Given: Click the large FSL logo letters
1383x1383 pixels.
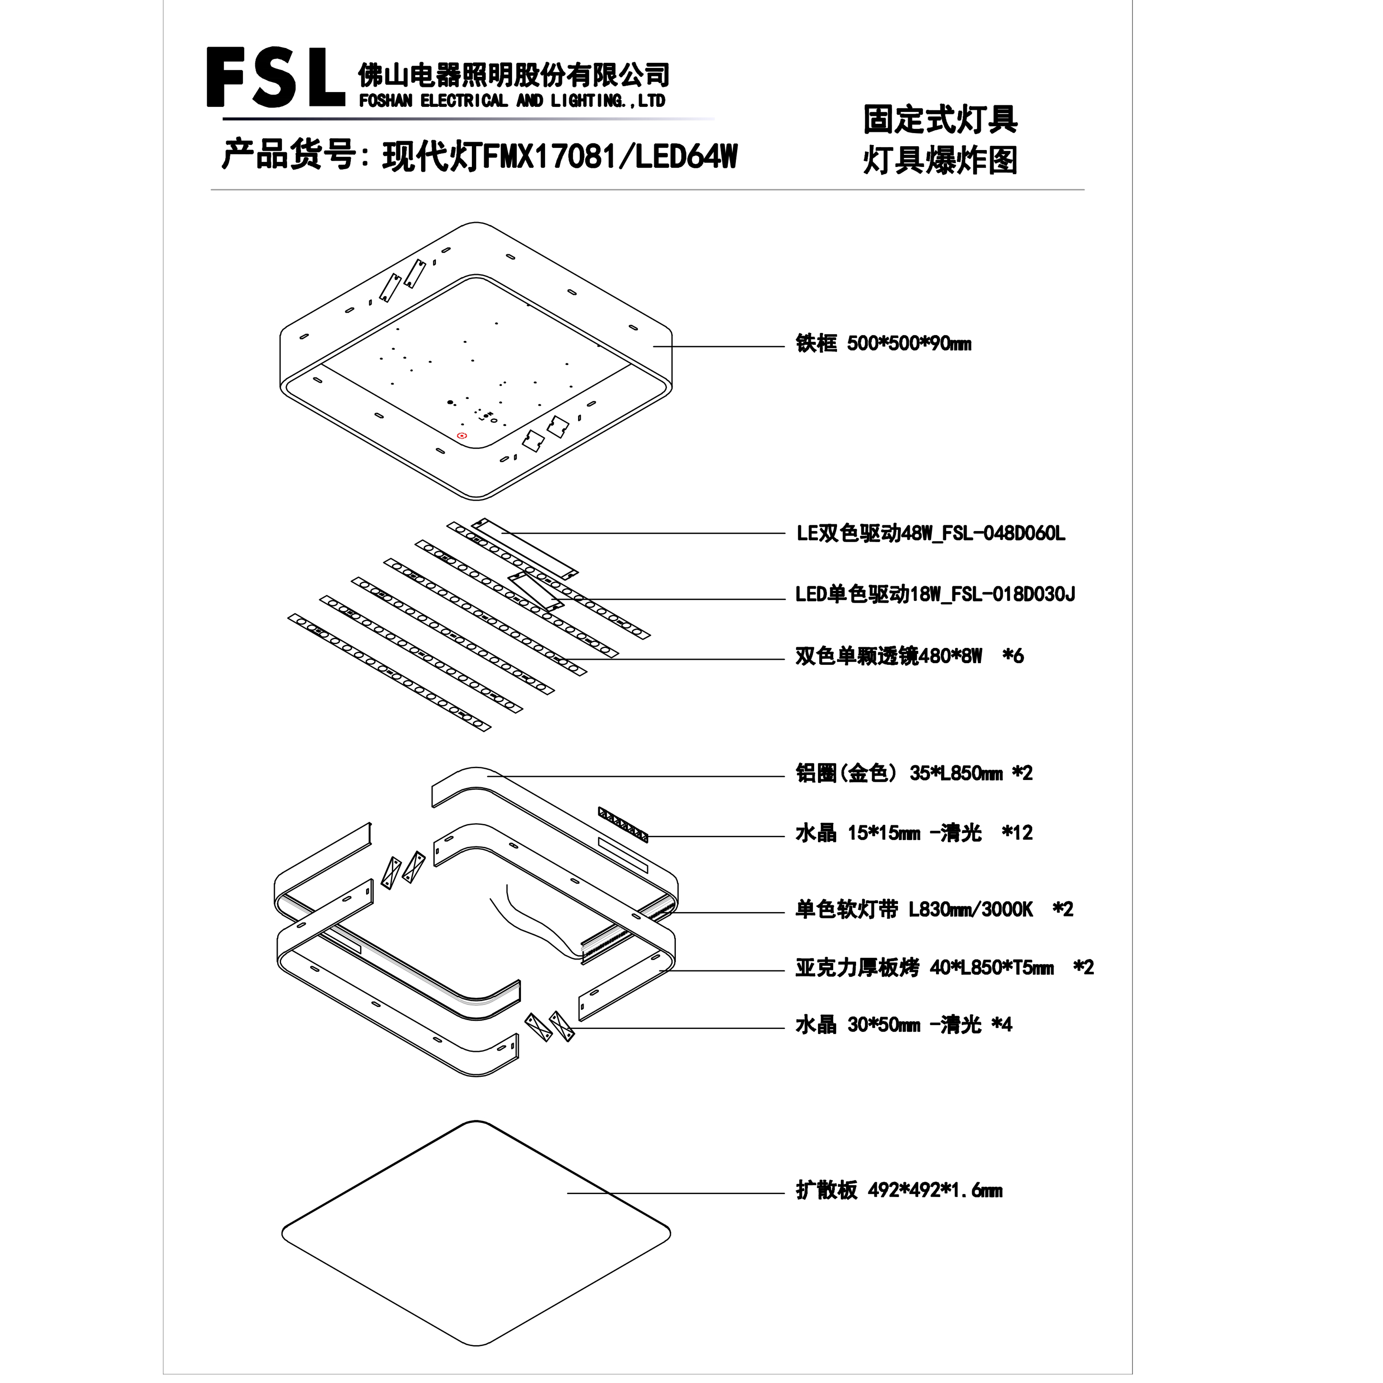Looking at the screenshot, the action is [276, 77].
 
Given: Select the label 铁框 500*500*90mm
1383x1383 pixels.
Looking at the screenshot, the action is [883, 344].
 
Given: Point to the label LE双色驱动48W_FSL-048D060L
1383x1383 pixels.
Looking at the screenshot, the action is [931, 533].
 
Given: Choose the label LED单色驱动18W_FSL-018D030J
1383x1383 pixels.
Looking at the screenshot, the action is [935, 594].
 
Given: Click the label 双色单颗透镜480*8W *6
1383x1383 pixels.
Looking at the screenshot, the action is [909, 656].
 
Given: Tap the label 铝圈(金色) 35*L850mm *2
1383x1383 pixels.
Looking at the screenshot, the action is [914, 773].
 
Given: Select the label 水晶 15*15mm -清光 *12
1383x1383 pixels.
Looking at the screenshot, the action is [914, 833].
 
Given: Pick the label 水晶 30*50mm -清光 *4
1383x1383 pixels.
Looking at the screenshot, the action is [903, 1025].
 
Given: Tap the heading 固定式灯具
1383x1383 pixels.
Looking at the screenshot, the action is [940, 120].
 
